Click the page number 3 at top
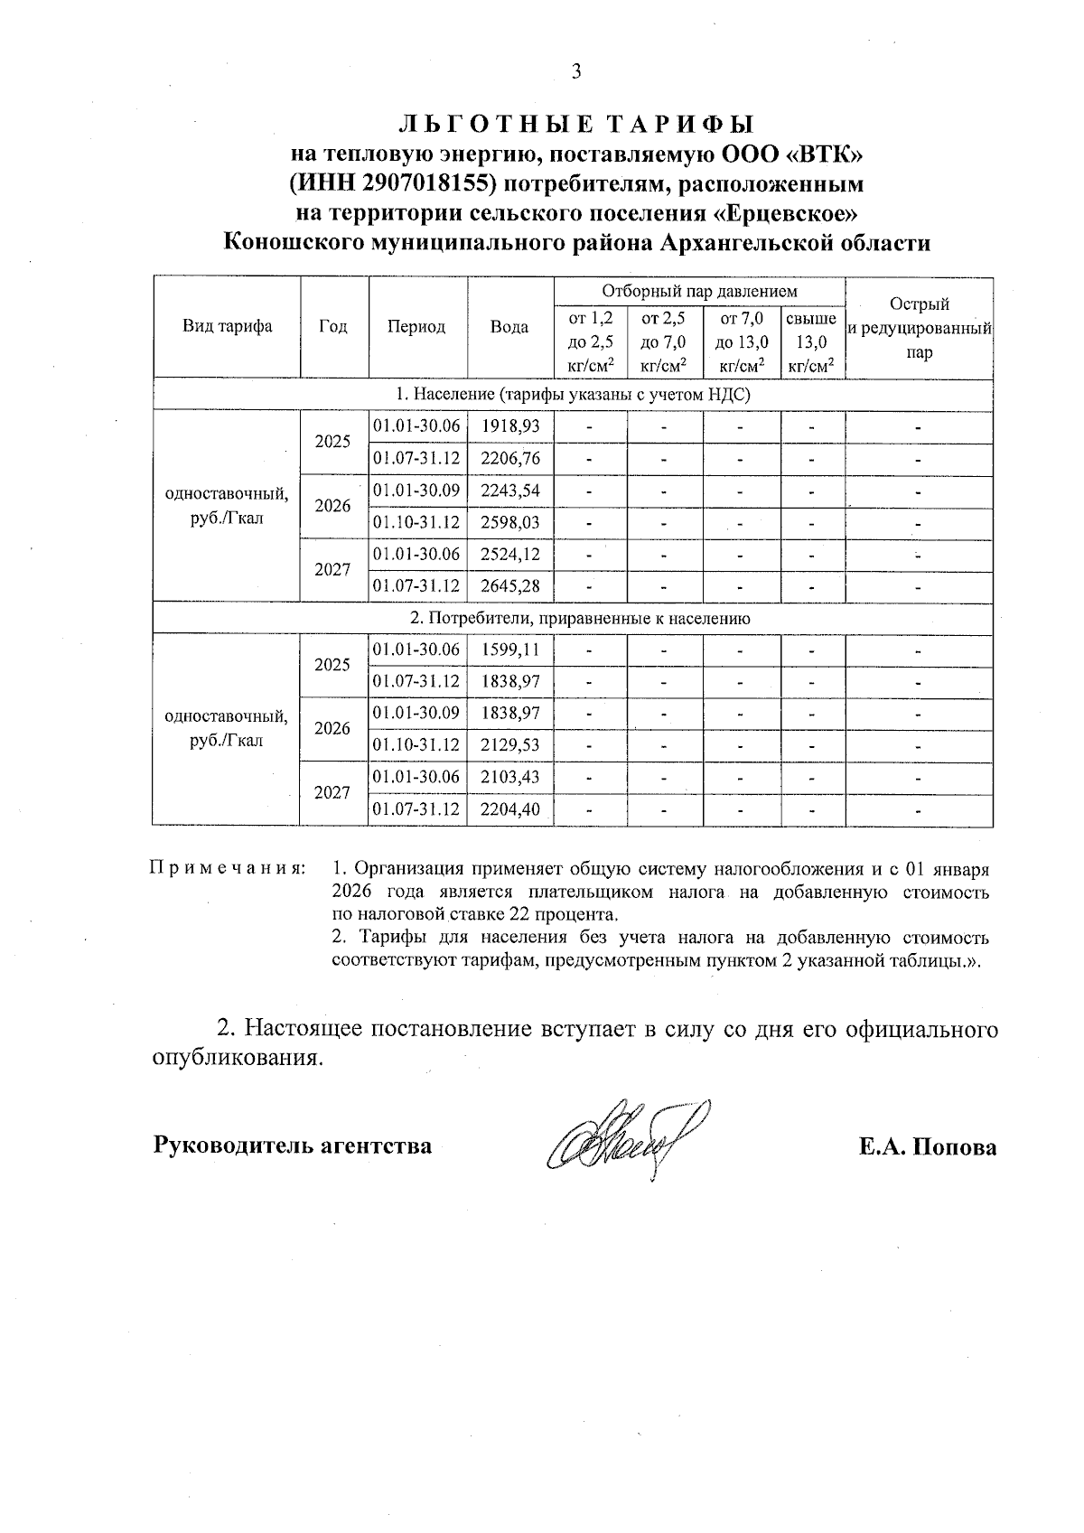pyautogui.click(x=576, y=72)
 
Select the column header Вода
pyautogui.click(x=509, y=327)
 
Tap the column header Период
pyautogui.click(x=416, y=327)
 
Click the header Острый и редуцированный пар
pyautogui.click(x=919, y=328)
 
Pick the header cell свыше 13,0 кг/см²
pyautogui.click(x=811, y=342)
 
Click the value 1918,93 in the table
pyautogui.click(x=510, y=426)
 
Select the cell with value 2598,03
pyautogui.click(x=510, y=523)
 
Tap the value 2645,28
pyautogui.click(x=510, y=587)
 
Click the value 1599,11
pyautogui.click(x=510, y=650)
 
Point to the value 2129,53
pyautogui.click(x=510, y=745)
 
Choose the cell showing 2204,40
pyautogui.click(x=510, y=809)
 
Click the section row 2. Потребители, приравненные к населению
pyautogui.click(x=574, y=619)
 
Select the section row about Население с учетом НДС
pyautogui.click(x=574, y=395)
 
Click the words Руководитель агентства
pyautogui.click(x=293, y=1146)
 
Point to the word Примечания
pyautogui.click(x=227, y=869)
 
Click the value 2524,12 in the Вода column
pyautogui.click(x=510, y=555)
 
